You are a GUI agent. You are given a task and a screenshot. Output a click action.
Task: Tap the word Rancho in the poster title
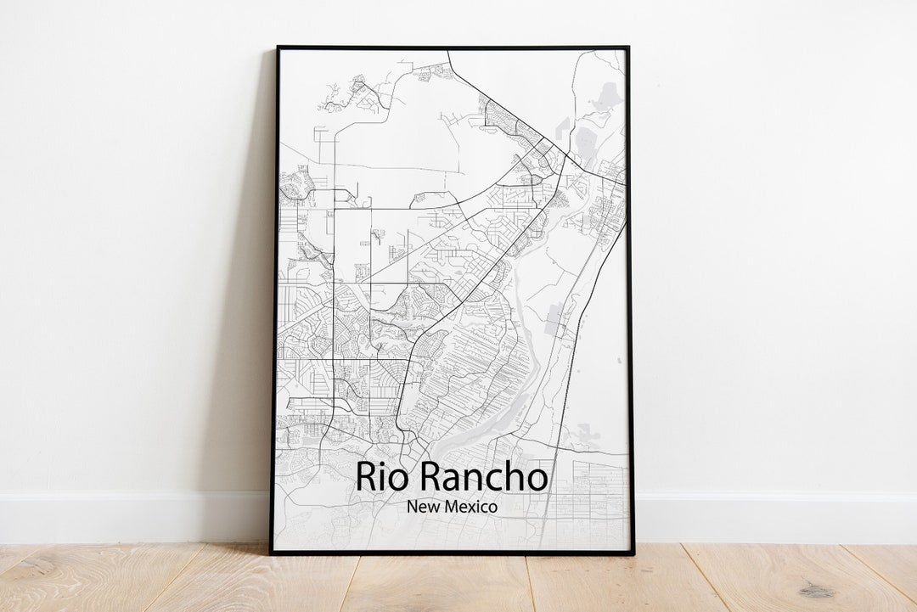point(485,477)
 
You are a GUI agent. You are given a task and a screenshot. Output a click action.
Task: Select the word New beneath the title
point(423,507)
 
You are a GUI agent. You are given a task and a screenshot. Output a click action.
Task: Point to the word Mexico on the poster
point(471,507)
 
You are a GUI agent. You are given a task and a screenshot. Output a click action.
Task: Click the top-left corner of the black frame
point(277,48)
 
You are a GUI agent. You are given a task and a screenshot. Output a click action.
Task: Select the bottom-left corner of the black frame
point(272,553)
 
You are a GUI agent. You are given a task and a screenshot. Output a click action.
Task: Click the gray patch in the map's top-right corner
point(606,98)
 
